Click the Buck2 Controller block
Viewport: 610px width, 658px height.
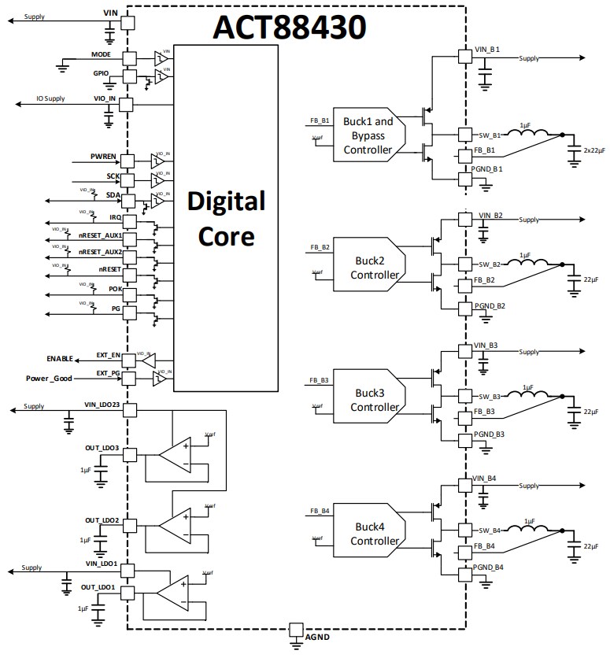[367, 262]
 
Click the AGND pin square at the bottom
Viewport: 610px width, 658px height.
[295, 630]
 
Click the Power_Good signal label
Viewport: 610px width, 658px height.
[49, 379]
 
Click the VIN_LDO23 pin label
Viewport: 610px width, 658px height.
[102, 404]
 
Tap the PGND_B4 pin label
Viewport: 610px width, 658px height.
[489, 567]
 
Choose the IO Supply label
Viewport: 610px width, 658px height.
[50, 99]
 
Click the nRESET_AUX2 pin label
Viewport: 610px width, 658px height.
[99, 252]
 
